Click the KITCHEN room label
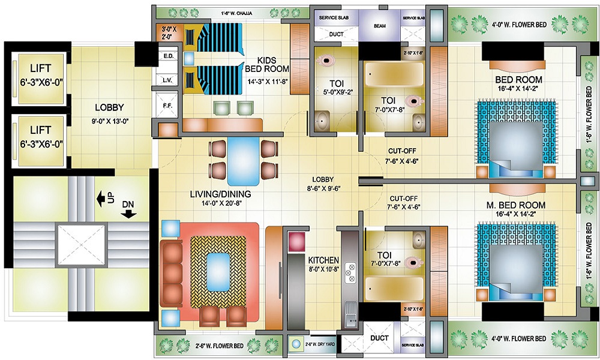(x=323, y=260)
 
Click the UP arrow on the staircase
(x=100, y=198)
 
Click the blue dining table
(x=244, y=159)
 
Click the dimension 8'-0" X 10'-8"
(x=323, y=270)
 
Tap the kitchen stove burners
(x=350, y=269)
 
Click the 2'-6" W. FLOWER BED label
(x=220, y=346)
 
